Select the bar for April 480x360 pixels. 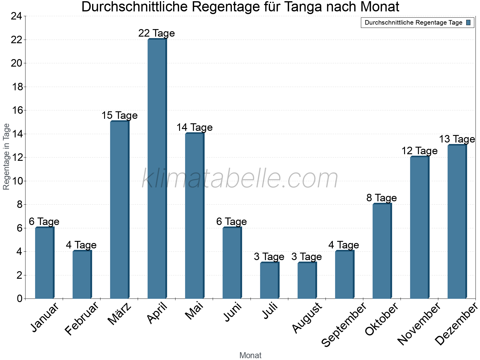[157, 169]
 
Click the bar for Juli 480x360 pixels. [269, 280]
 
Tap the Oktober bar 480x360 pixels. [382, 251]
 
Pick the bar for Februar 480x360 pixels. [82, 274]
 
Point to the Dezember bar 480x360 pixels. [457, 222]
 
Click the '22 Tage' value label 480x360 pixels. [157, 33]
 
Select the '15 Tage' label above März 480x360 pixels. [119, 115]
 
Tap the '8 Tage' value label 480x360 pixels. [382, 198]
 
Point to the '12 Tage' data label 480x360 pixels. [419, 151]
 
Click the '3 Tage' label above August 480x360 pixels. [307, 257]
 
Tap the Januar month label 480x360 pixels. [45, 318]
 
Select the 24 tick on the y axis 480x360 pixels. [17, 16]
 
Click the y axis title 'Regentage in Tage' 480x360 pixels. [6, 157]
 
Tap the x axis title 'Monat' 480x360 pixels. [250, 355]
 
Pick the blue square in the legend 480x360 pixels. [468, 22]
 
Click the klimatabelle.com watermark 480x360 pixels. [240, 179]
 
